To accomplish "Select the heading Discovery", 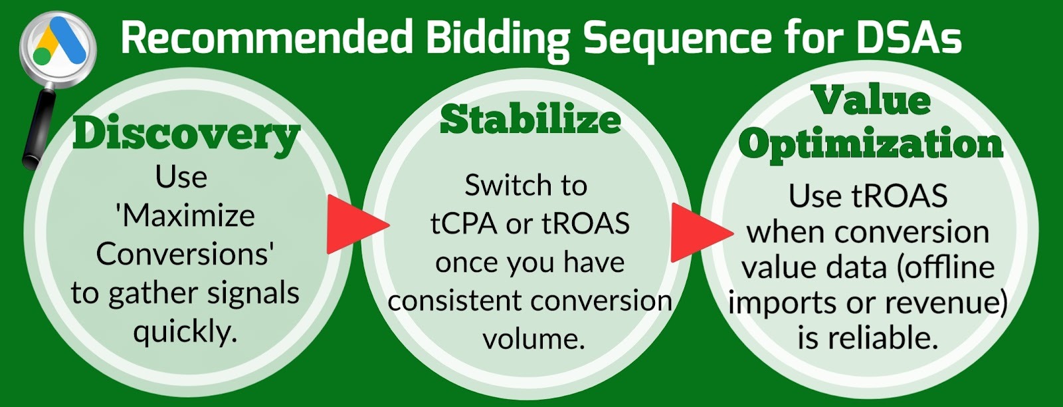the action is coord(186,136).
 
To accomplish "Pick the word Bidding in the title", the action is coord(498,41).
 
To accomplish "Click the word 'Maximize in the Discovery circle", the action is coord(185,216).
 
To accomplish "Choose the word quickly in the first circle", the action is coord(185,333).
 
